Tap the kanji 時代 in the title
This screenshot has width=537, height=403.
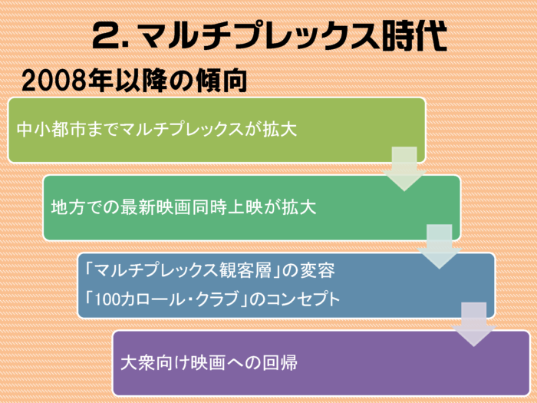[x=414, y=35]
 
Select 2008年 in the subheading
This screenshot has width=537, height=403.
[x=68, y=81]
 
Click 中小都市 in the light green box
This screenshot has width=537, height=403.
[x=51, y=129]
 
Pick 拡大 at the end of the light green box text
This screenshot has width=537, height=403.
[x=280, y=129]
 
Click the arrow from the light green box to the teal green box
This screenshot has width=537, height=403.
[x=404, y=169]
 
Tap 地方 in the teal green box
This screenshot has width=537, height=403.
[x=68, y=207]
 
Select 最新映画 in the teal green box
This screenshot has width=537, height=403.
[x=156, y=207]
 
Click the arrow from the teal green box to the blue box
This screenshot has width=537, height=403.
[x=440, y=246]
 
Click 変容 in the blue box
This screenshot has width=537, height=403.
[x=318, y=270]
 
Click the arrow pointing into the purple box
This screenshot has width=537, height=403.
[x=474, y=324]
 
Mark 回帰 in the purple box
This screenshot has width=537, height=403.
[x=280, y=362]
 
